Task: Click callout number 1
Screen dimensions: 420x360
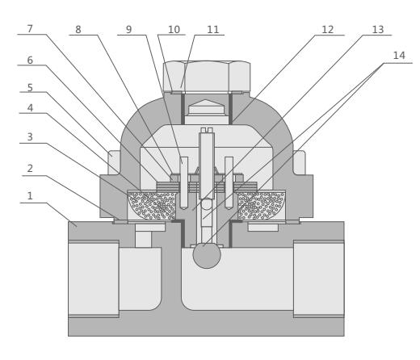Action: pyautogui.click(x=30, y=196)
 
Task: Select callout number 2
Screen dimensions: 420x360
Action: pyautogui.click(x=30, y=169)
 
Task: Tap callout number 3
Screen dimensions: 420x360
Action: pyautogui.click(x=30, y=137)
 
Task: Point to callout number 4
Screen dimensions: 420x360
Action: pyautogui.click(x=30, y=108)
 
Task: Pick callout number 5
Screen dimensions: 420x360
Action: pyautogui.click(x=30, y=88)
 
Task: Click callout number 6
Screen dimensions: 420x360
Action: pyautogui.click(x=30, y=61)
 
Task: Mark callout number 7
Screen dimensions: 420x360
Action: pyautogui.click(x=30, y=29)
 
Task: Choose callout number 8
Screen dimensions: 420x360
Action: pyautogui.click(x=78, y=30)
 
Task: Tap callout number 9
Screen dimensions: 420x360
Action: pyautogui.click(x=129, y=30)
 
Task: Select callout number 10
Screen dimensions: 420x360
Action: pyautogui.click(x=174, y=30)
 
